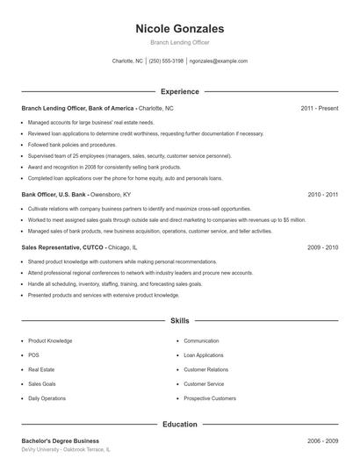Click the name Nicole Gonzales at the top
pos(180,29)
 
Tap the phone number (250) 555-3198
pos(166,61)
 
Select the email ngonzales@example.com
pos(219,61)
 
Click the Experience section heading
pos(180,91)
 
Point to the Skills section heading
pos(180,322)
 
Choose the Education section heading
pos(180,424)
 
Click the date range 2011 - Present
pos(320,108)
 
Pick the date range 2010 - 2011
pos(323,194)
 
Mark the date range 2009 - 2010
pos(323,247)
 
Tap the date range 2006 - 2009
pos(323,440)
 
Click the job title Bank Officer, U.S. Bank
pos(53,194)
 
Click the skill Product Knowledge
pos(50,340)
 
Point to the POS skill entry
pos(34,355)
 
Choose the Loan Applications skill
pos(204,355)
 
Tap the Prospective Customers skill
pos(210,398)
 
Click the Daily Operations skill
pos(47,398)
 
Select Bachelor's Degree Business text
pos(60,440)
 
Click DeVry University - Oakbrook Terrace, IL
pos(66,449)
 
